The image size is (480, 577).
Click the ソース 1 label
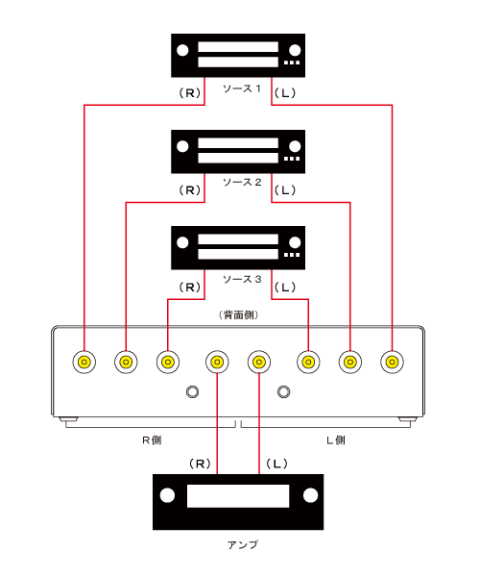242,88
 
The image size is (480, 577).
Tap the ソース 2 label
242,182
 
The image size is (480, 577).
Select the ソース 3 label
242,279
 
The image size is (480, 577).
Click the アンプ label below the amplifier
242,544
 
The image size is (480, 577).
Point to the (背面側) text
239,315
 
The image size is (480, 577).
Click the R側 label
152,440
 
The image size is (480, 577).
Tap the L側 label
336,440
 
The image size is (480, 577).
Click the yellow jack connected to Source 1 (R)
84,363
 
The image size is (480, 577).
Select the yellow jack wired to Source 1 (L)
393,363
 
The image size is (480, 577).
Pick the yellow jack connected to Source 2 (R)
126,363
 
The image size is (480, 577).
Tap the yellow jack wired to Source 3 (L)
308,363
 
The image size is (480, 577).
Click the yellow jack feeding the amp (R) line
217,363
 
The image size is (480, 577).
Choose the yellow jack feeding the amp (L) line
259,363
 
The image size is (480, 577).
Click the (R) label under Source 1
189,93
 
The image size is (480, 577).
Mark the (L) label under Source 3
285,287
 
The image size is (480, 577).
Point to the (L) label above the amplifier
276,464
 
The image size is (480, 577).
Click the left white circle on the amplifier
167,495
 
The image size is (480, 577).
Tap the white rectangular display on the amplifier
238,496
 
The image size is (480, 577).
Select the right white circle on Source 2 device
295,146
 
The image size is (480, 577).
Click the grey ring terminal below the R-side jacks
192,392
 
